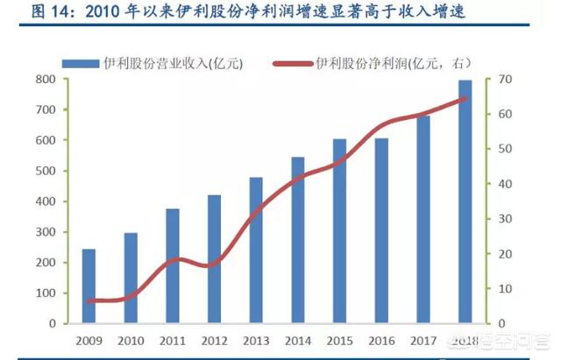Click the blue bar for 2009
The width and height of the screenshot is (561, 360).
click(x=89, y=286)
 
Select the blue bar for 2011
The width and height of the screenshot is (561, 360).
click(x=173, y=265)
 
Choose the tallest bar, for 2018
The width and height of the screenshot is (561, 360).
click(x=465, y=201)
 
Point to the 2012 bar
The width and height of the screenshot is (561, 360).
click(x=214, y=258)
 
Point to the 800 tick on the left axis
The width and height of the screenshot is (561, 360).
click(x=46, y=80)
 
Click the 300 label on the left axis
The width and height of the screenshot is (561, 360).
click(x=46, y=232)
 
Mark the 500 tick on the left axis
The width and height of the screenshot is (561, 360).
click(x=46, y=171)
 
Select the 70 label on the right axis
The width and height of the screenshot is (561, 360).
click(x=506, y=80)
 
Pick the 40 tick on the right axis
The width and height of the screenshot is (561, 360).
click(x=506, y=184)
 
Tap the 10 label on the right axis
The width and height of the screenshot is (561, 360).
click(x=506, y=288)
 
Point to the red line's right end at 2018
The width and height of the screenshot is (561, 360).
click(x=465, y=98)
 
